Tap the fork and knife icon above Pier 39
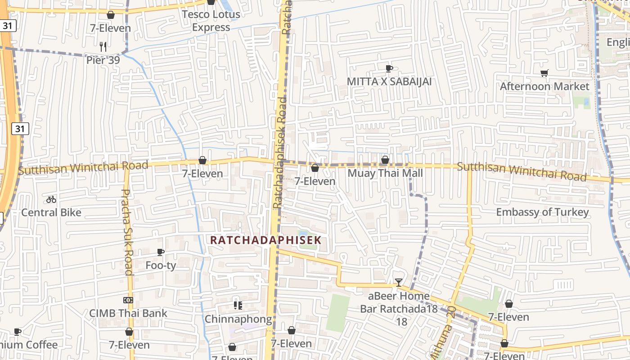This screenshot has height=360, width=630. (x=103, y=46)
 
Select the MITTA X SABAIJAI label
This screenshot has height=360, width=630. (x=389, y=81)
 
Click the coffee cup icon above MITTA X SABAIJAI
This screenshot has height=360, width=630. (x=389, y=68)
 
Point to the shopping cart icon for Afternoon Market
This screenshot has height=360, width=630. (x=544, y=73)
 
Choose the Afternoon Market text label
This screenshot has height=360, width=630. (x=544, y=86)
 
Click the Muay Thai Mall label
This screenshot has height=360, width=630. (x=385, y=173)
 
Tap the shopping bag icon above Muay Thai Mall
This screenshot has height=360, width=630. (x=385, y=160)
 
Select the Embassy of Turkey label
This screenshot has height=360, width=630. (x=542, y=212)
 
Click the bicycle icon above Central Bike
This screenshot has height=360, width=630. (x=51, y=199)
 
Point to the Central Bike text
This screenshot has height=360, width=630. (x=51, y=212)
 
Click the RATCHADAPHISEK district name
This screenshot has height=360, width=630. (x=266, y=240)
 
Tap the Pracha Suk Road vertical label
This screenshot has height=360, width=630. (x=127, y=232)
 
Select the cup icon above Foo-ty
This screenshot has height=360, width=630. (x=161, y=252)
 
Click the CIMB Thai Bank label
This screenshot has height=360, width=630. (x=128, y=313)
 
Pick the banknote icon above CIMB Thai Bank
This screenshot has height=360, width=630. (x=128, y=300)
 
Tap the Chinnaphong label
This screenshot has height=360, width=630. (x=238, y=319)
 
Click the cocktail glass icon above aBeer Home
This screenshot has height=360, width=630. (x=398, y=283)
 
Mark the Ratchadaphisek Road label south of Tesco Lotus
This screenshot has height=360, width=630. (x=280, y=153)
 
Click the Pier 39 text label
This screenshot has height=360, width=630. (x=103, y=60)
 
